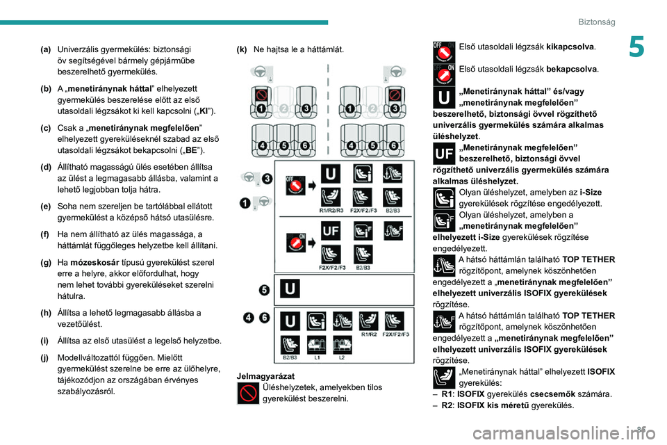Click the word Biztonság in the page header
coord(597,22)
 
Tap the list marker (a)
coord(45,50)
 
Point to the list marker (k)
coord(242,50)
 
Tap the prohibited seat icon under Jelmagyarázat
coord(248,393)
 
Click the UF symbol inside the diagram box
coord(331,231)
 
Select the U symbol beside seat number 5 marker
coord(289,287)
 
